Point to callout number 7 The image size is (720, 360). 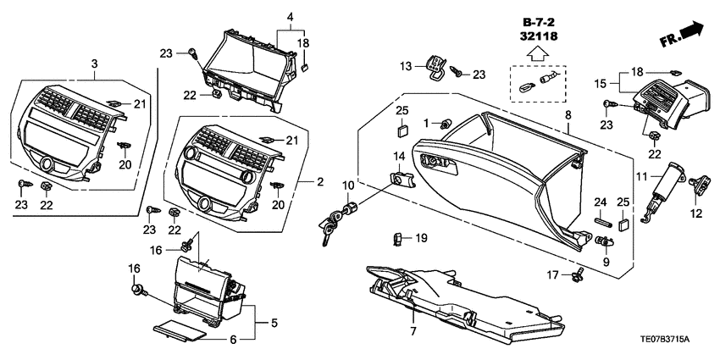click(x=414, y=330)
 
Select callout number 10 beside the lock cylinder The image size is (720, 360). click(x=348, y=185)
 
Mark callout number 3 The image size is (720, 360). click(x=94, y=64)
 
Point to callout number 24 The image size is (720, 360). click(x=600, y=202)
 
